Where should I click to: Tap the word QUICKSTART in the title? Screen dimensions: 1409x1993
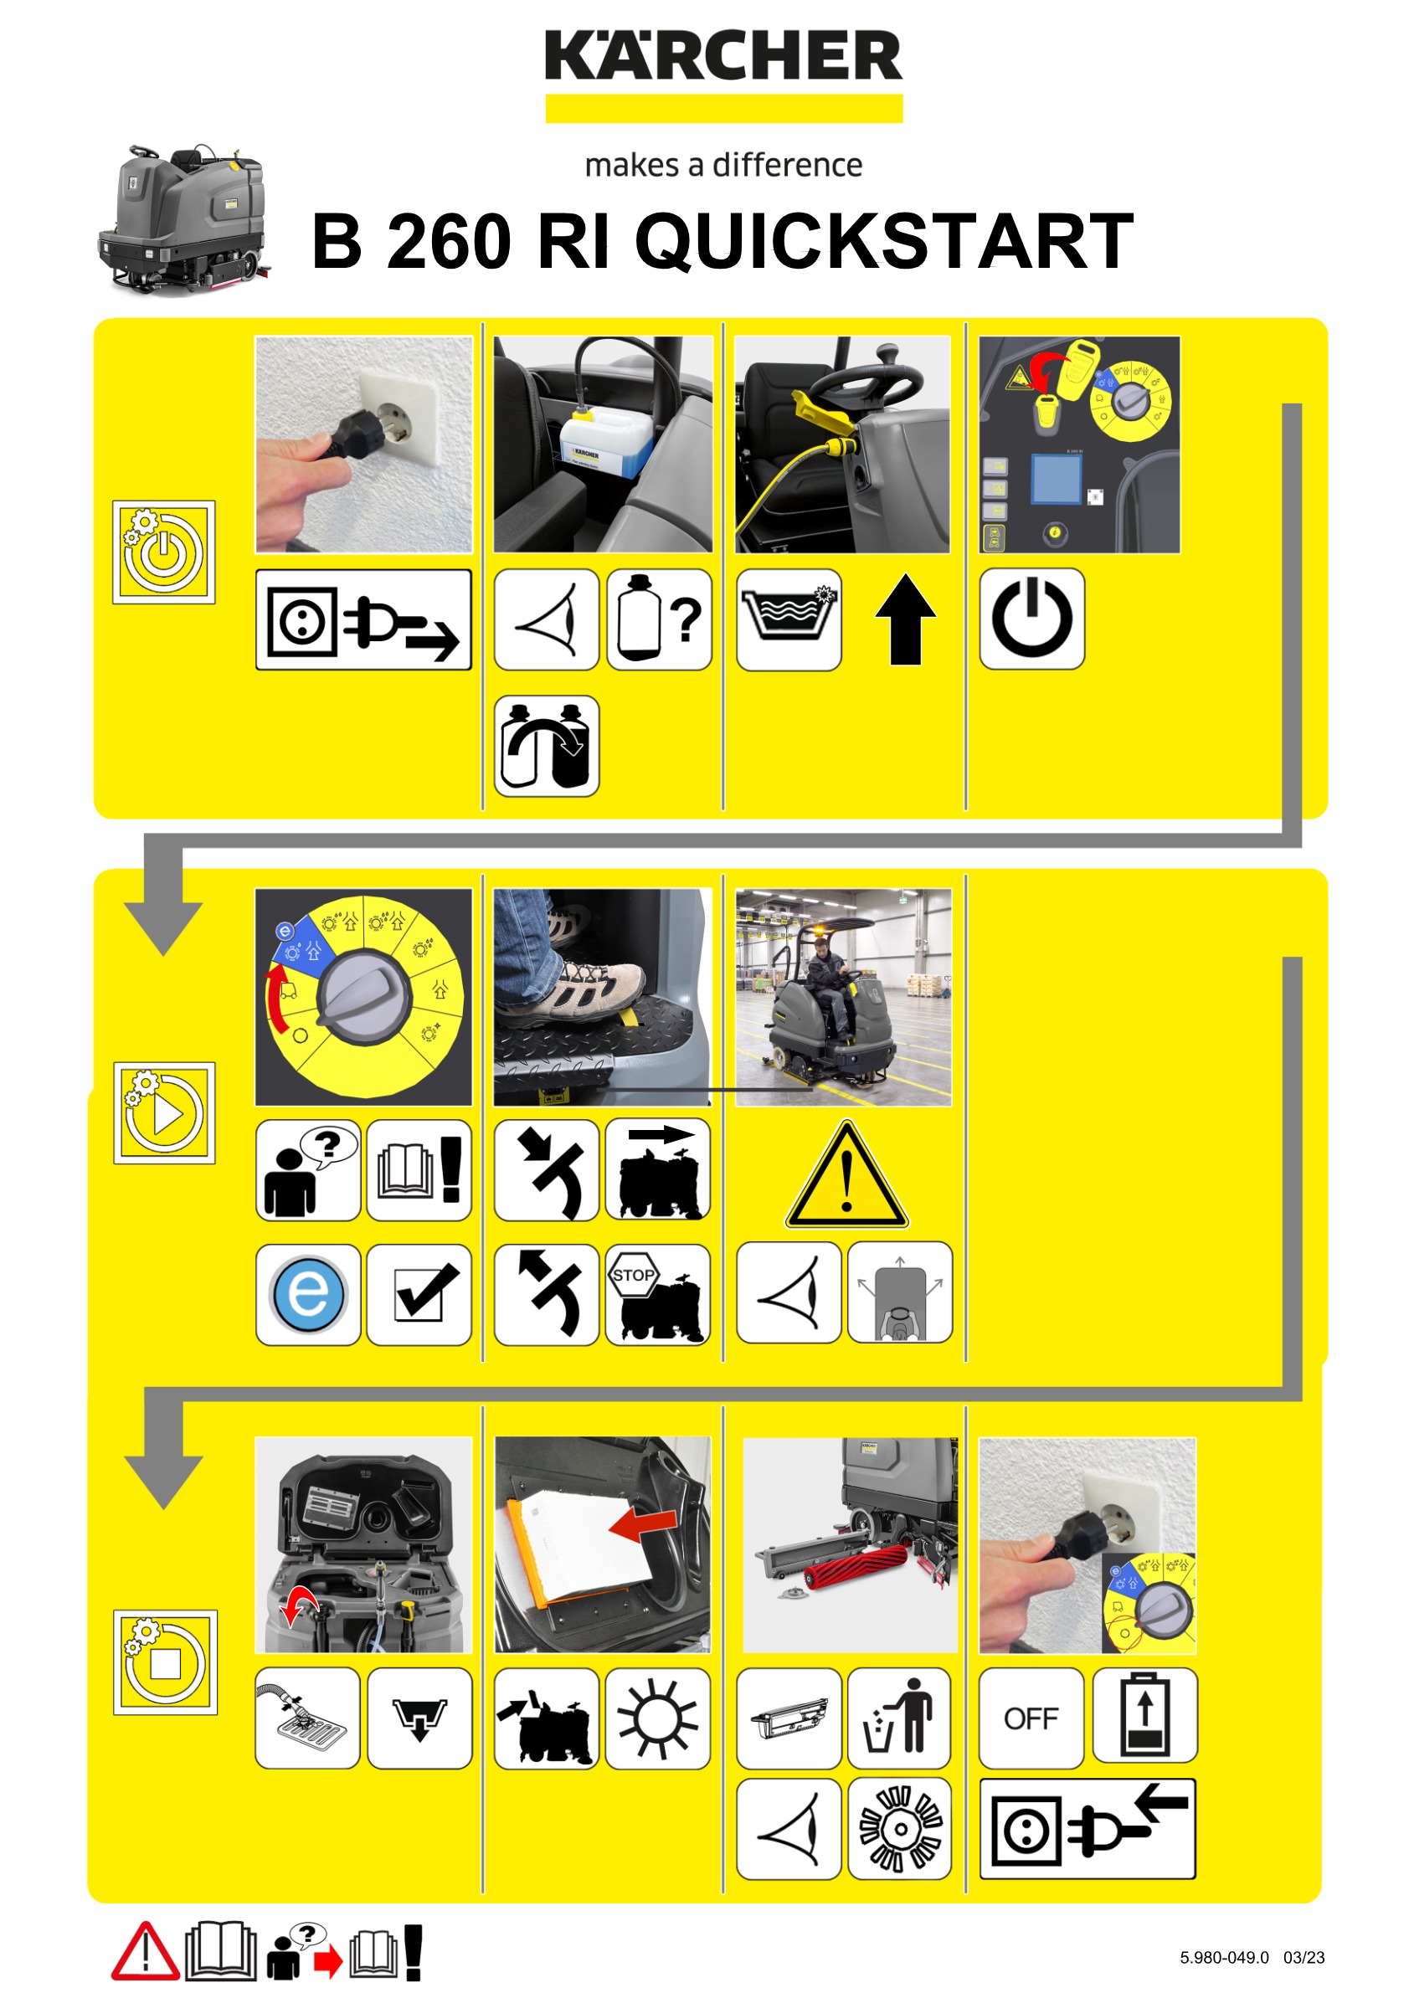click(885, 241)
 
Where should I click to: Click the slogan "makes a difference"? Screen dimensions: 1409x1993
click(723, 165)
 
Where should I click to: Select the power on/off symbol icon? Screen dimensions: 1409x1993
click(1031, 619)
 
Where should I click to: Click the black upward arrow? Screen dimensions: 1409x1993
click(906, 619)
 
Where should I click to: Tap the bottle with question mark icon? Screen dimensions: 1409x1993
click(659, 619)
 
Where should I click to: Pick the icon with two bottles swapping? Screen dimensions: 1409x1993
click(546, 746)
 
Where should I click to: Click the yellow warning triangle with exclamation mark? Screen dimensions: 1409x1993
click(846, 1174)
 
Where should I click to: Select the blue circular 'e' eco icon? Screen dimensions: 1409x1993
click(308, 1294)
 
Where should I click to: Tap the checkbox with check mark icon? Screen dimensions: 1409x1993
click(419, 1294)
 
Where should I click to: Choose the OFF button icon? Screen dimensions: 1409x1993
click(1031, 1718)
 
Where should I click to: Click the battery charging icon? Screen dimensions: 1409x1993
click(1145, 1718)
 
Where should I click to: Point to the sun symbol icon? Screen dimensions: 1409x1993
click(657, 1718)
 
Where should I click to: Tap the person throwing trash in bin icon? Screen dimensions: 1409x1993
click(899, 1718)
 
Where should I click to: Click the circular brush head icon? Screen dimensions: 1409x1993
click(899, 1829)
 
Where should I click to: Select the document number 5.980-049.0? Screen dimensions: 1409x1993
click(1224, 1957)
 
